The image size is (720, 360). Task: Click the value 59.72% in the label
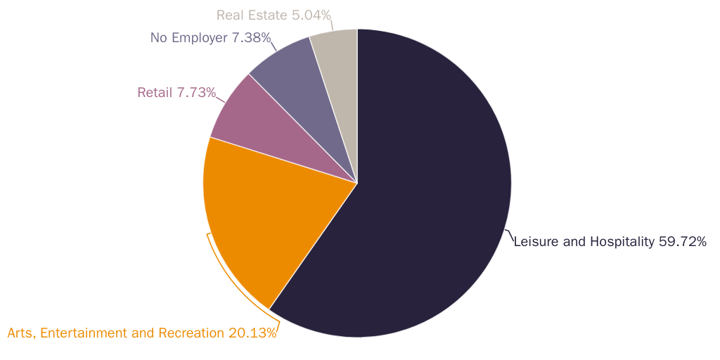point(682,242)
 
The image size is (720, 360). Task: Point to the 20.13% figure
point(252,333)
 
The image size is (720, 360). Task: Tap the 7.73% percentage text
point(196,92)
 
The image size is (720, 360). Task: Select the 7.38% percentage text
point(251,37)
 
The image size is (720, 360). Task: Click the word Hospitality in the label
point(621,242)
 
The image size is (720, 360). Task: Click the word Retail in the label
point(154,92)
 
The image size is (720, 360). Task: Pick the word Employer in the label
point(200,37)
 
